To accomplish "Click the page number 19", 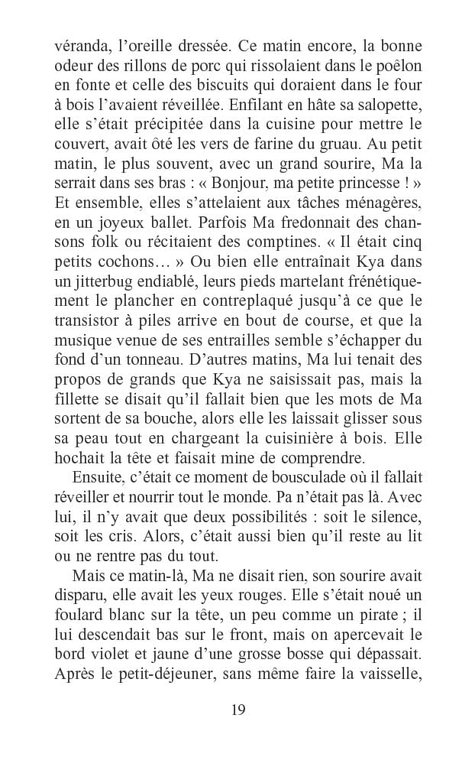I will [x=237, y=710].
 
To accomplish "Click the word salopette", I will [x=384, y=106].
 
